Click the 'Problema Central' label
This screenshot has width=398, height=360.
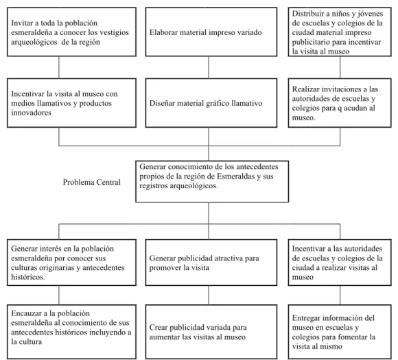point(92,182)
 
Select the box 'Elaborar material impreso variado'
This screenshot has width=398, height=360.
point(211,32)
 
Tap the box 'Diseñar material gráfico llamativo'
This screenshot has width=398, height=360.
point(211,103)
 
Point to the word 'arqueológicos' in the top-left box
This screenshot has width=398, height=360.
point(34,42)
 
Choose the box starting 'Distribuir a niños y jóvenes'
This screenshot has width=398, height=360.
point(340,32)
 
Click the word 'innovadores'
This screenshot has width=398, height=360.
point(31,113)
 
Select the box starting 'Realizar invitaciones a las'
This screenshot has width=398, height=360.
point(340,103)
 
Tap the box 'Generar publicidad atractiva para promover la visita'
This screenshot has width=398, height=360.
point(211,262)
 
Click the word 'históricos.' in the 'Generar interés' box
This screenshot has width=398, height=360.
point(28,277)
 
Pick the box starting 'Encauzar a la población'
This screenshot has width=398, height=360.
point(71,332)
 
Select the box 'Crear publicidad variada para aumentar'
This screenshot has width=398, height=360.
point(211,332)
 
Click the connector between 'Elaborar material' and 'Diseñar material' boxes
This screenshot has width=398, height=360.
point(209,67)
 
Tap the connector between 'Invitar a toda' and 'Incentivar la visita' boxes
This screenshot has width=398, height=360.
point(59,67)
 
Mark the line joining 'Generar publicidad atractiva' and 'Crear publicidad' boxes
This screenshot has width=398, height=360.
point(209,295)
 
